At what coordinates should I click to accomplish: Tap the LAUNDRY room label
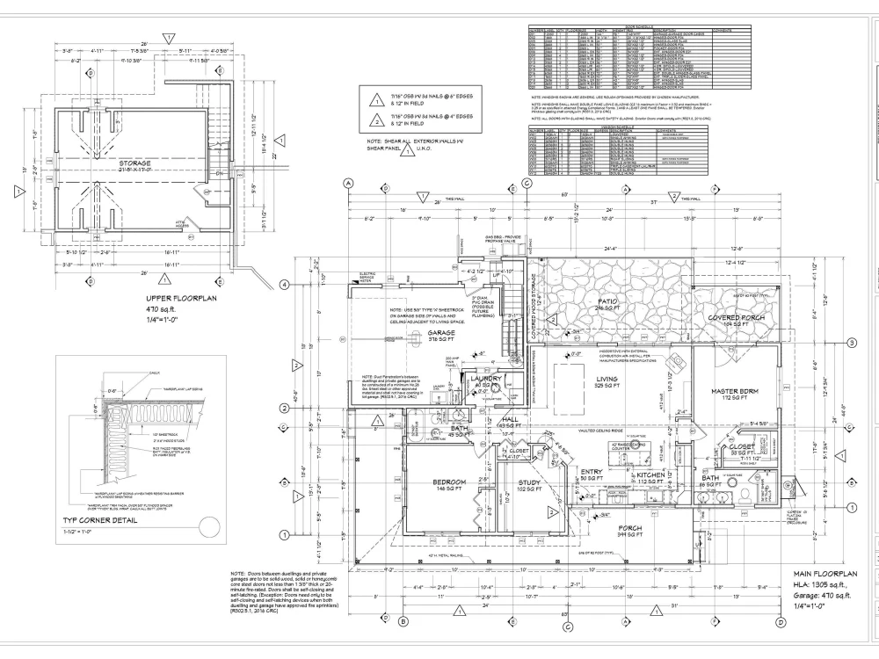[484, 379]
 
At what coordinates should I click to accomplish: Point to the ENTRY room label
[592, 473]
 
